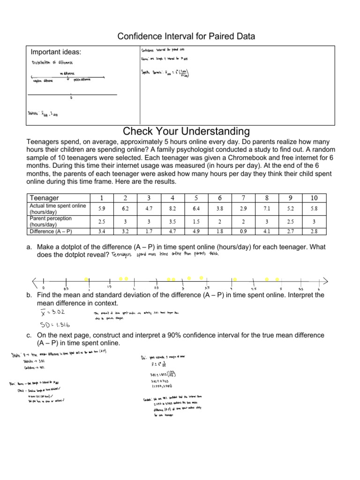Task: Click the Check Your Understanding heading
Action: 186,130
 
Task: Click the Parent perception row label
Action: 51,221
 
